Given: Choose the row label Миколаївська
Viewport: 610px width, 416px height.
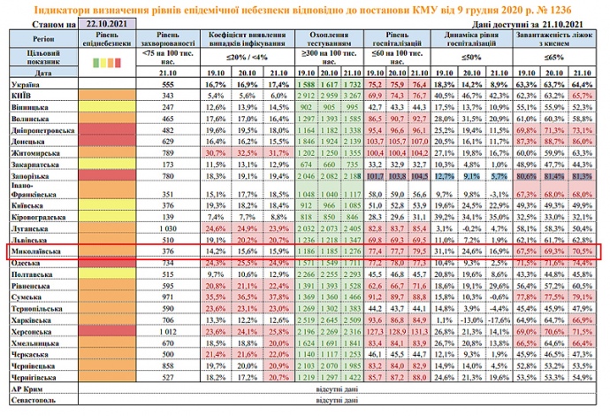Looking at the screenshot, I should [35, 251].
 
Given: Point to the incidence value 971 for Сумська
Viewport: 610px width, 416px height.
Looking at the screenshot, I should [165, 297].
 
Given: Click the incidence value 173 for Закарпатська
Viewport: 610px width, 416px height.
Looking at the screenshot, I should [165, 164].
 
